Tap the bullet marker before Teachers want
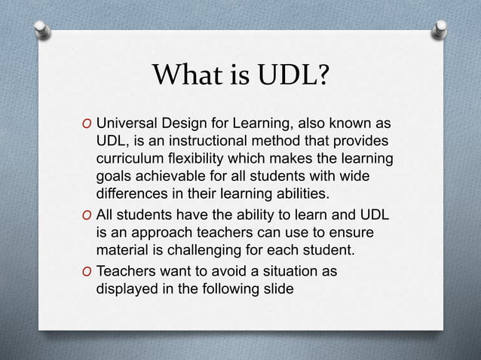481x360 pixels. pos(87,269)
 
